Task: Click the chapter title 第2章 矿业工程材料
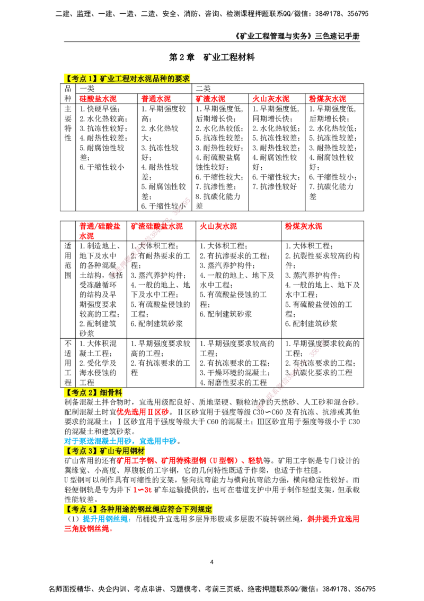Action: (211, 57)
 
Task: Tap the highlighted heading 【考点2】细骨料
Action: (93, 392)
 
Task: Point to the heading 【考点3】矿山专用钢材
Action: (104, 451)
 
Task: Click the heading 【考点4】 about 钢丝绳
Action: (138, 509)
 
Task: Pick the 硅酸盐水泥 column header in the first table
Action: (98, 99)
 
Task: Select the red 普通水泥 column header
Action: (156, 99)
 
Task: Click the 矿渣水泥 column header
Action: (210, 99)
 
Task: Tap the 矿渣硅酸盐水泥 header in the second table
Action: (156, 226)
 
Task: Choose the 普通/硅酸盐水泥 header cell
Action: (100, 231)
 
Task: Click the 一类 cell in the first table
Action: (87, 89)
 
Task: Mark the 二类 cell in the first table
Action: (203, 89)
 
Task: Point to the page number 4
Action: (211, 562)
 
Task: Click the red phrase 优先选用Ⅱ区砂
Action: (143, 412)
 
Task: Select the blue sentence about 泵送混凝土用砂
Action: (122, 441)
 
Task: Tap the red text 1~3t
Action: (143, 490)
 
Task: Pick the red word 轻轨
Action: (255, 460)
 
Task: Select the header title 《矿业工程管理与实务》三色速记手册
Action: (297, 37)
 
